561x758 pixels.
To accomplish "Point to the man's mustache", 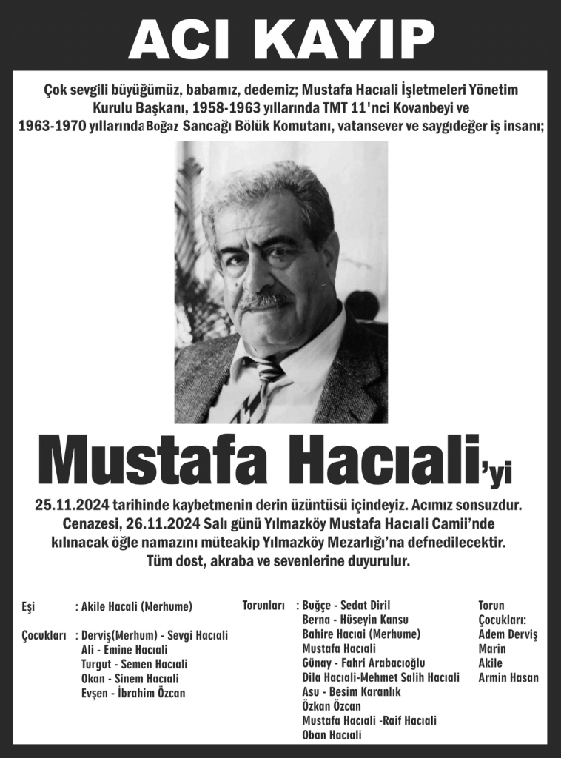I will click(263, 300).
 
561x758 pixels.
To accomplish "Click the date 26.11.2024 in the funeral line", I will click(165, 525).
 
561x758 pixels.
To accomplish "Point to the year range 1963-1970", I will click(50, 127).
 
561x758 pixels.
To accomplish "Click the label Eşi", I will click(29, 607).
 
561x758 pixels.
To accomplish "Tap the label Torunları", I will click(263, 606).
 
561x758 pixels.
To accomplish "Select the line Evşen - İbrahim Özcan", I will click(133, 693).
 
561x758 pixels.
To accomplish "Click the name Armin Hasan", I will click(508, 677).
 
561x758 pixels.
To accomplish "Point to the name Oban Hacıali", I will click(332, 735).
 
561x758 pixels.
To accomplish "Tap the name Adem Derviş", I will click(508, 634).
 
